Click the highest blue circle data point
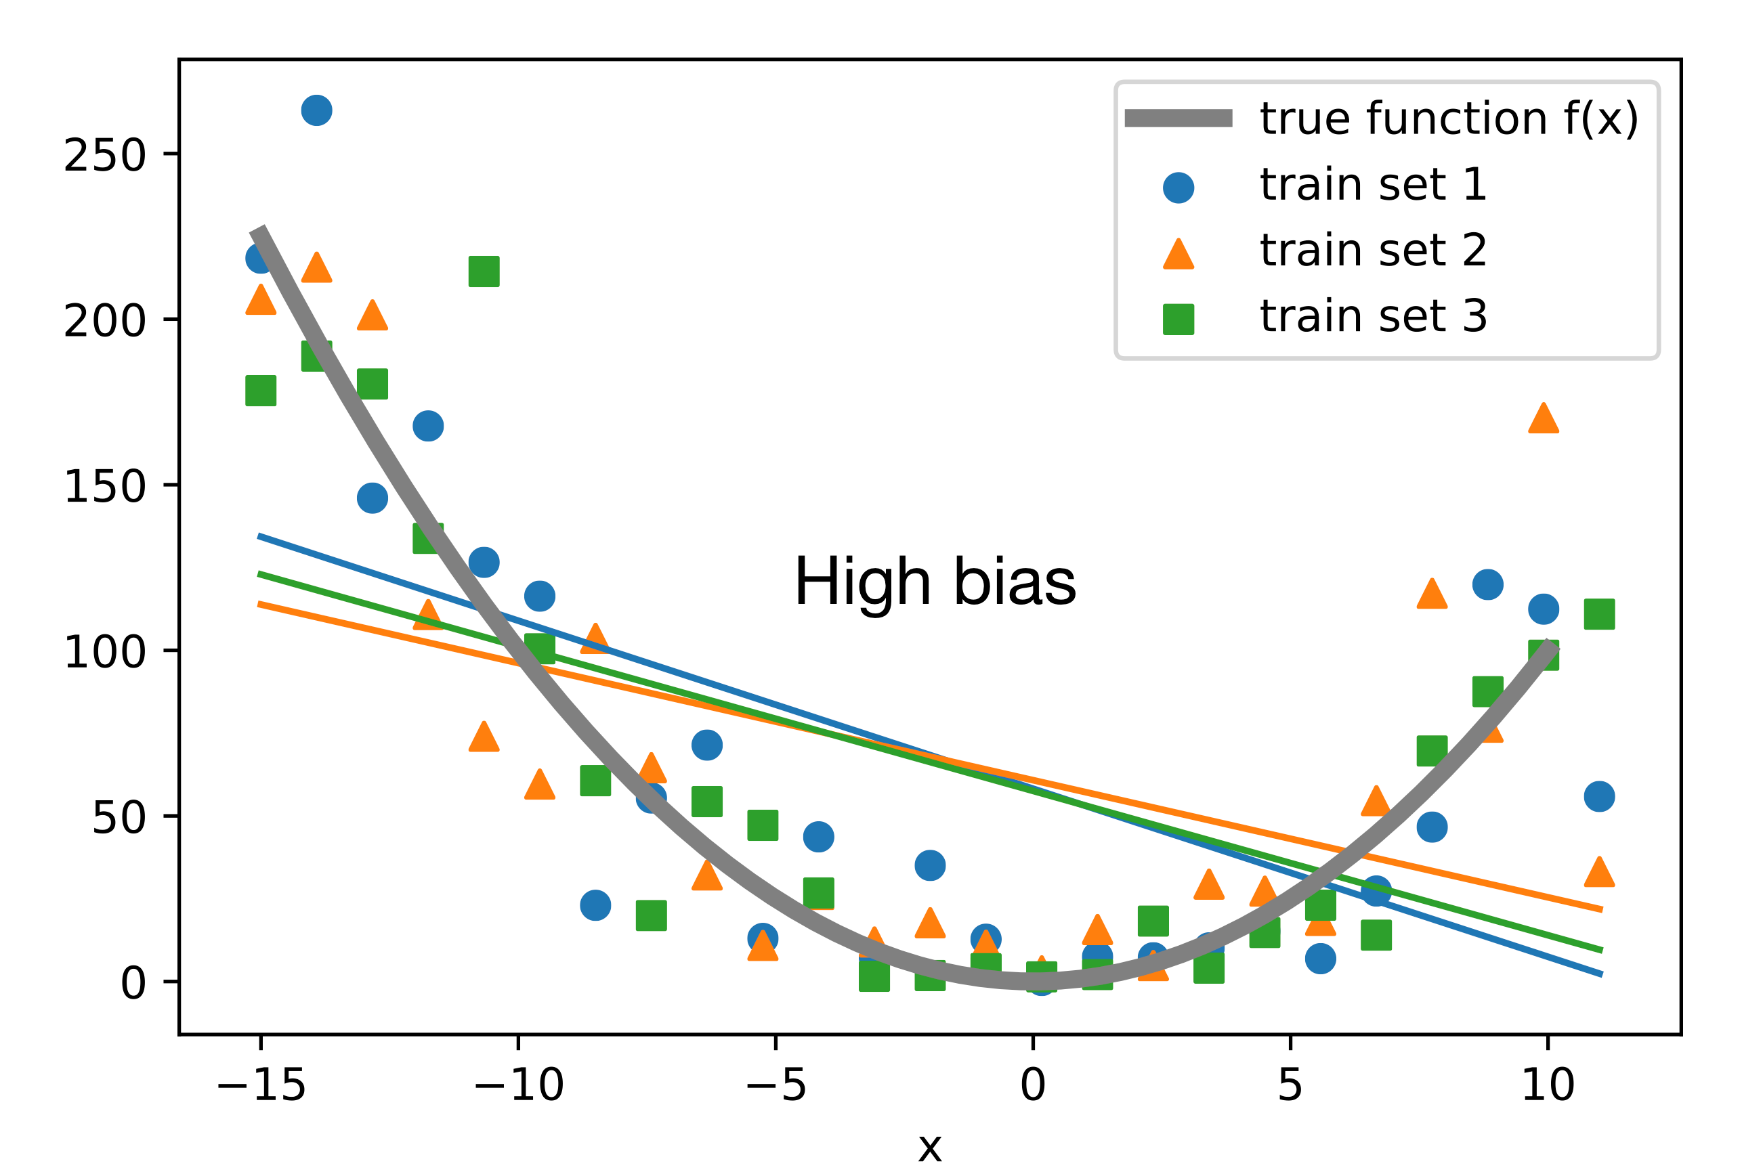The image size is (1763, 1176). coord(316,110)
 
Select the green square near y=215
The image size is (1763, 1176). coord(484,271)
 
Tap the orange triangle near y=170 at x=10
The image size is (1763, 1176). coord(1543,419)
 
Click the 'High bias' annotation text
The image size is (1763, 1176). coord(935,582)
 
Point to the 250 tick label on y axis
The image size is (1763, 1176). coord(104,156)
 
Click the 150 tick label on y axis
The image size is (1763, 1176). coord(104,487)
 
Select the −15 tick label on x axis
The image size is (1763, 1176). coord(260,1085)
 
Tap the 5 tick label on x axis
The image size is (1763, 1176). coord(1290,1085)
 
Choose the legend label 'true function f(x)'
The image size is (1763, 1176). coord(1449,118)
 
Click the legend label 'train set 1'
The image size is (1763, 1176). coord(1373,185)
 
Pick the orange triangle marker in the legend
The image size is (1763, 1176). coord(1178,253)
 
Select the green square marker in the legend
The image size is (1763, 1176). coord(1178,319)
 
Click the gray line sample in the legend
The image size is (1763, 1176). coord(1178,118)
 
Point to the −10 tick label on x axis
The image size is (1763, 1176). coord(518,1085)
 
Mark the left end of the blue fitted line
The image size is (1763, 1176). coord(259,536)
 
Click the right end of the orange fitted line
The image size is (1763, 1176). coord(1601,910)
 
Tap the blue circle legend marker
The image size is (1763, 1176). coord(1178,188)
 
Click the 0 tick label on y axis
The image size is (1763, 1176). coord(133,983)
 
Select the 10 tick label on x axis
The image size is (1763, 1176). coord(1548,1085)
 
